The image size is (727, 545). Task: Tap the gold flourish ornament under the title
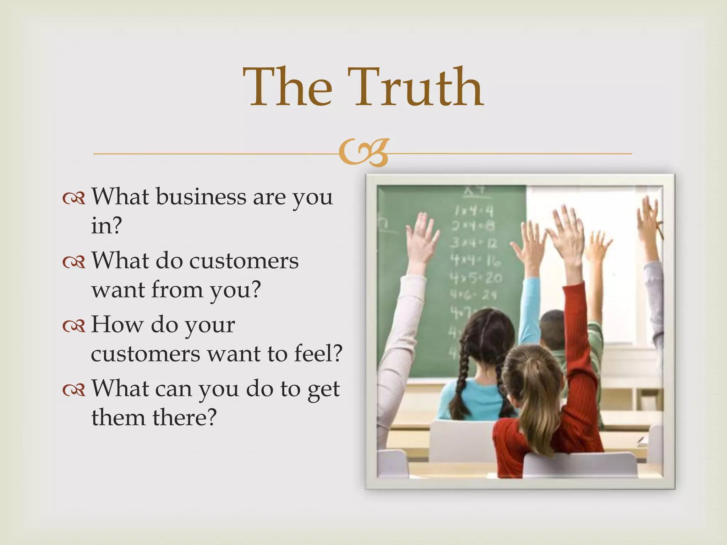363,153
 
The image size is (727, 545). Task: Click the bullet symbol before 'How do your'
74,326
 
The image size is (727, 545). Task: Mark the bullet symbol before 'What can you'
74,390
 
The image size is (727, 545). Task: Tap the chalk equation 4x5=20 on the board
476,277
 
